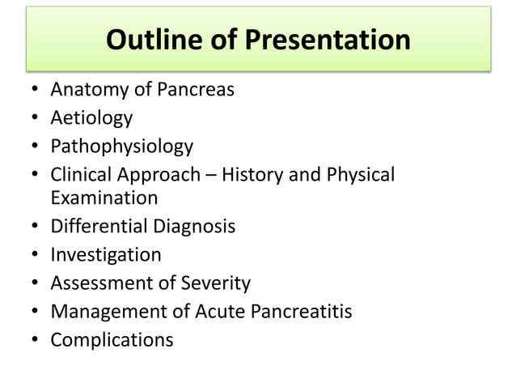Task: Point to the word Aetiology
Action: (91, 118)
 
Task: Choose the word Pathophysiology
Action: (122, 147)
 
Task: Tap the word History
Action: (257, 174)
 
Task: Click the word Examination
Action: (104, 198)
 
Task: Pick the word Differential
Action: (96, 226)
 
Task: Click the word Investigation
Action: (106, 255)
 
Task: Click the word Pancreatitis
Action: (299, 311)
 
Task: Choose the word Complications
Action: (112, 339)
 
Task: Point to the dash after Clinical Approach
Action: (213, 176)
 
